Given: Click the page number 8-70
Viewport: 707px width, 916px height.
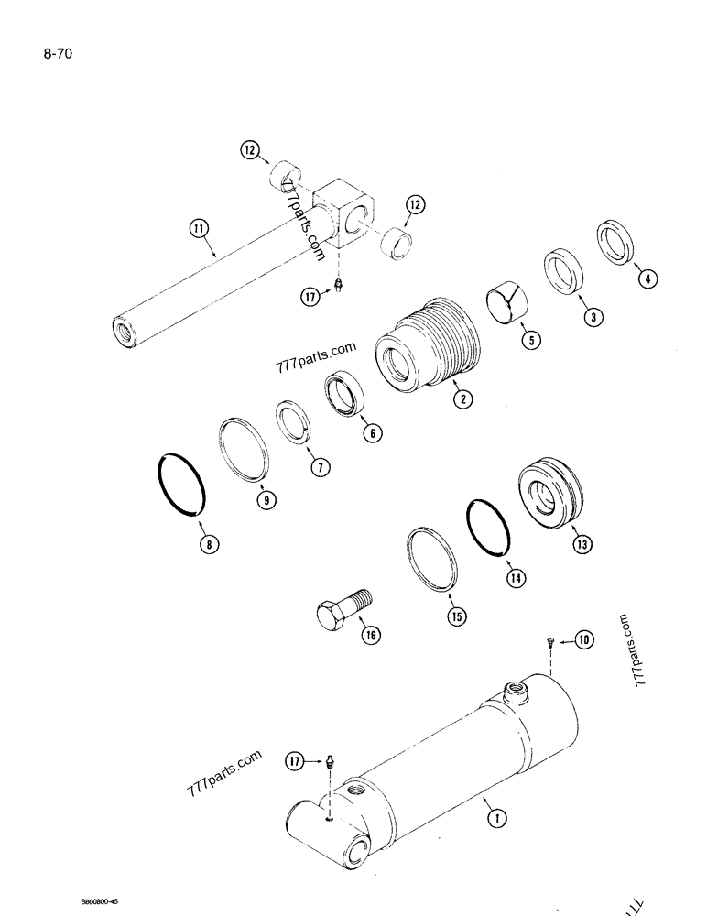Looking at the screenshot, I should pos(57,54).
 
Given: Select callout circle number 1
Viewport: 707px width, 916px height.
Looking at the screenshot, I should pos(493,820).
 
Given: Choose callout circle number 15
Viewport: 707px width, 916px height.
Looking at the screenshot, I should pos(455,616).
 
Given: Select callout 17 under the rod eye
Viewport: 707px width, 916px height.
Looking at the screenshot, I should pos(311,295).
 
